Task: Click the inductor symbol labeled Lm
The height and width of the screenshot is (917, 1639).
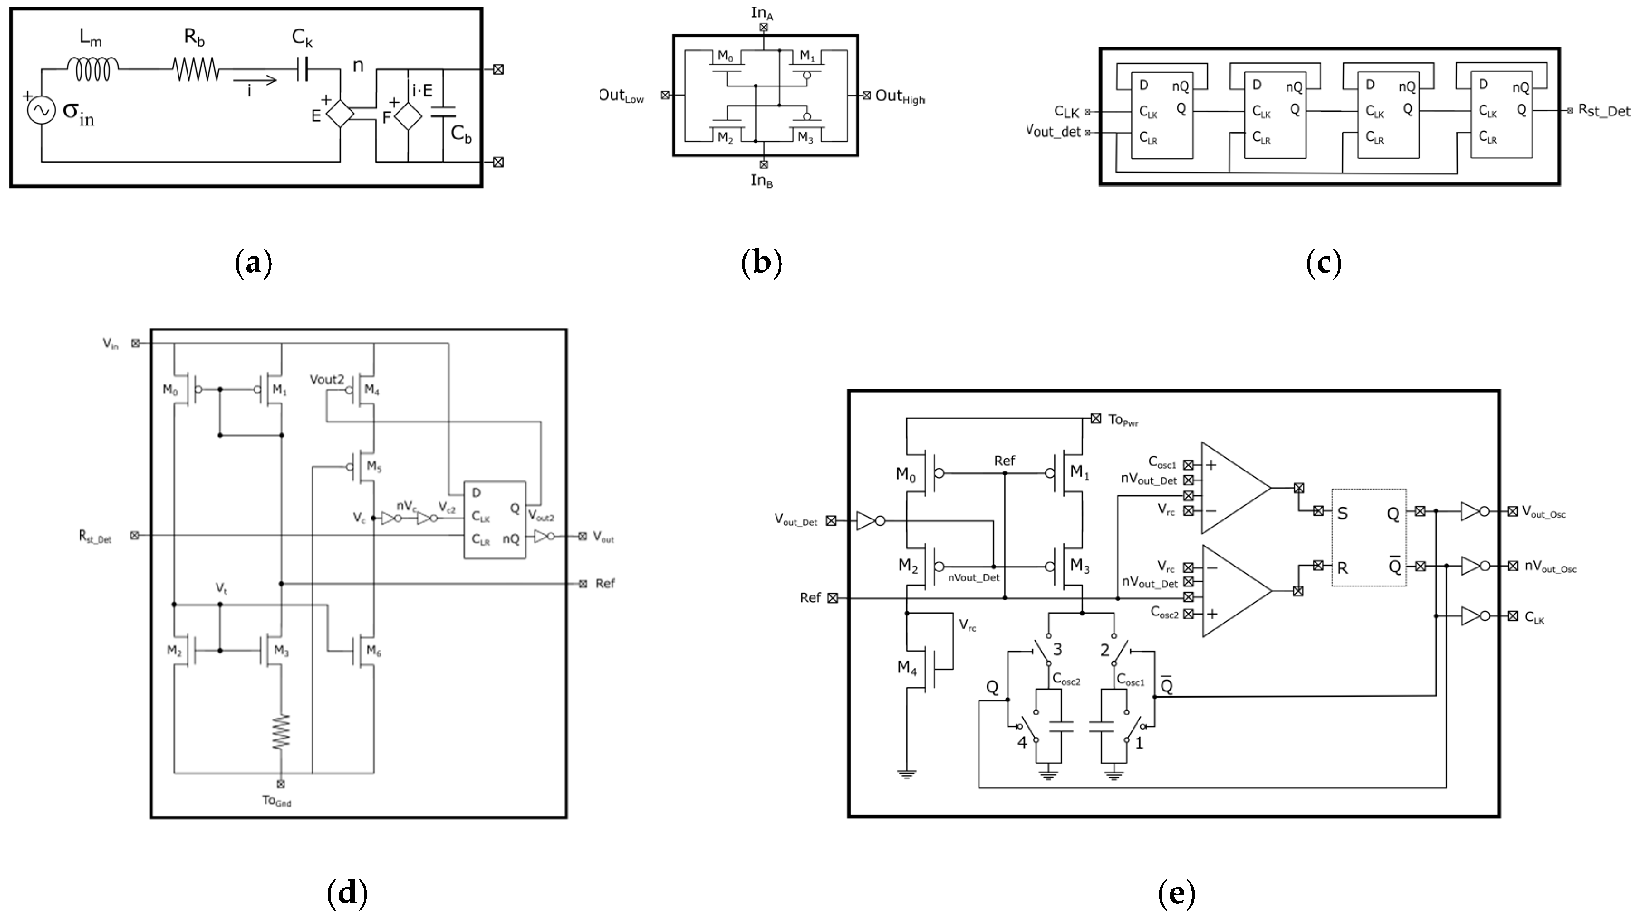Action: pos(92,69)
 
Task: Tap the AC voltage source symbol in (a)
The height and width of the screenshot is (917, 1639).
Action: pos(40,110)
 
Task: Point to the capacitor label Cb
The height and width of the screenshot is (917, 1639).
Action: pos(461,134)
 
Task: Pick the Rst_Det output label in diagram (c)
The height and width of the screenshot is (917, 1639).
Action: pos(1605,111)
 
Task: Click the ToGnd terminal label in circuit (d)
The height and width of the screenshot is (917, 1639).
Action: pos(277,801)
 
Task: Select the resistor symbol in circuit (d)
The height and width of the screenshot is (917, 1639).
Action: pos(280,731)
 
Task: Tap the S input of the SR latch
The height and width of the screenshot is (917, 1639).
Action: pos(1343,513)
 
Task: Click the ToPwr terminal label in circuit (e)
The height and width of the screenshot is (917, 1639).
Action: pos(1123,420)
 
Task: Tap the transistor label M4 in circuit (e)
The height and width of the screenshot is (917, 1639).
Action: pos(906,667)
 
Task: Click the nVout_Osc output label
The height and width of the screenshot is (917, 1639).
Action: pos(1550,568)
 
